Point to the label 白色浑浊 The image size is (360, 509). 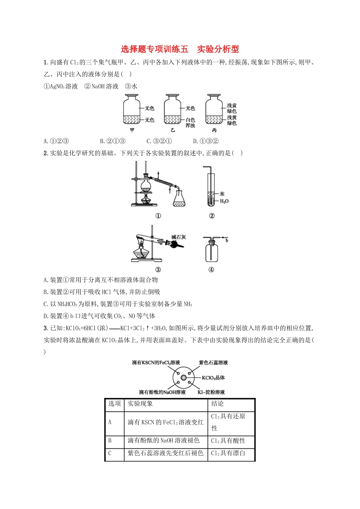(x=190, y=123)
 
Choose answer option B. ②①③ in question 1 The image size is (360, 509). (x=113, y=141)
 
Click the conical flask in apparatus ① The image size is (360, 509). (x=179, y=198)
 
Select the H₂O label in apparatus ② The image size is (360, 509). (x=224, y=201)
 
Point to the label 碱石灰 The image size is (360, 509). (x=178, y=237)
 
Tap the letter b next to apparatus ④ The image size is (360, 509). (x=227, y=240)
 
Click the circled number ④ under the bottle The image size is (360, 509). (x=211, y=270)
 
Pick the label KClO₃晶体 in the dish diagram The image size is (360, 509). (x=213, y=378)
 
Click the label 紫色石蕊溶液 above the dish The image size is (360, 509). (x=213, y=362)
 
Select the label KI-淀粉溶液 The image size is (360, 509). (x=211, y=392)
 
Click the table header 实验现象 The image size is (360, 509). (x=140, y=404)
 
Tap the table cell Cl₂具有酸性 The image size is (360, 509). (x=228, y=441)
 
